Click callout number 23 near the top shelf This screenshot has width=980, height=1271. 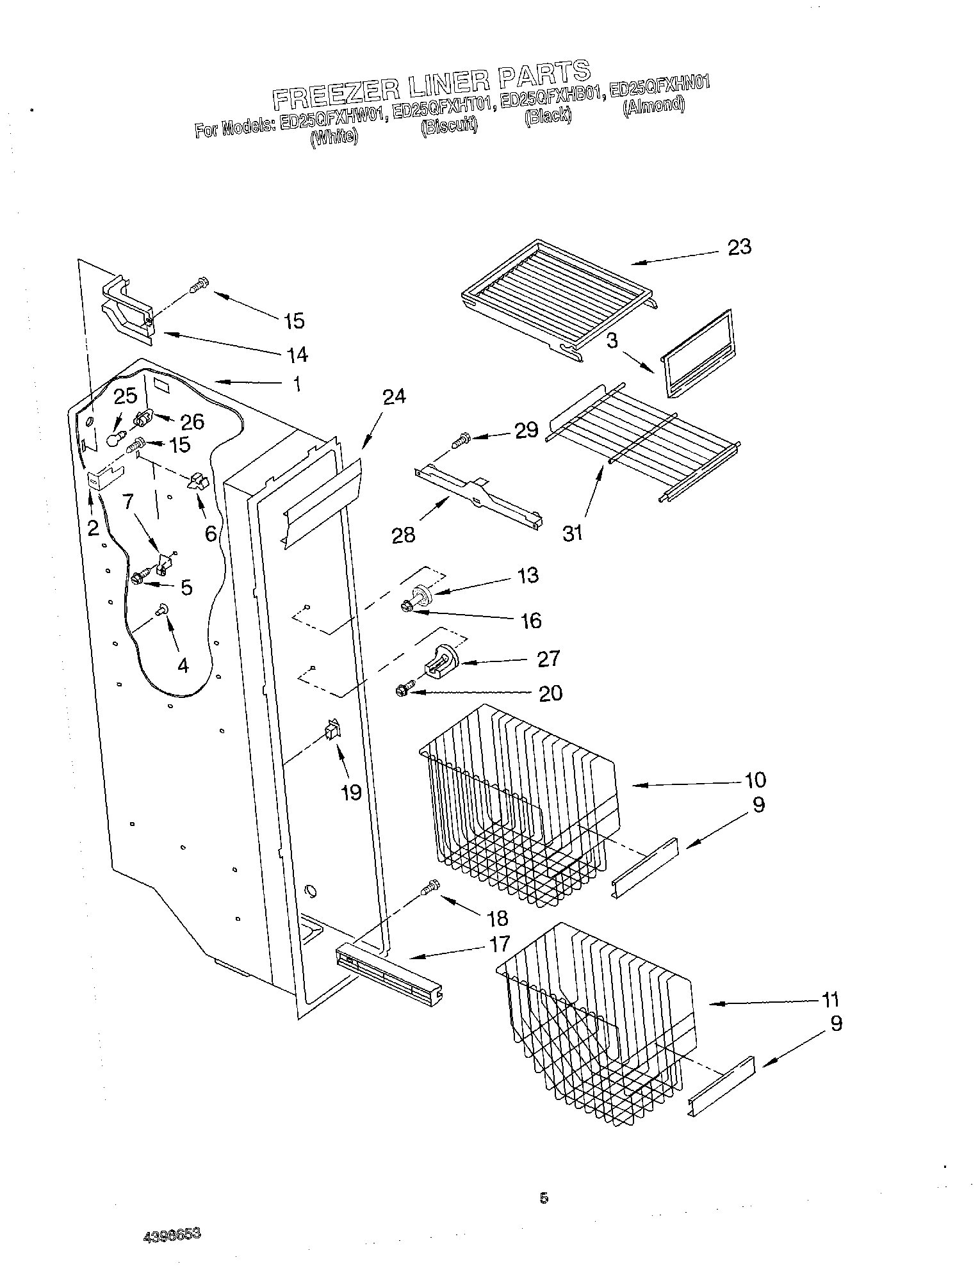(739, 247)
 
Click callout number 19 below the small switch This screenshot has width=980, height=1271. (352, 793)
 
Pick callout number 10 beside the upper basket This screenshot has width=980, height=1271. (755, 780)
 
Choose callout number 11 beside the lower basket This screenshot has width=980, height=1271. (829, 1000)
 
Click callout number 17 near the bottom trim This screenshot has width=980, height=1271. (500, 943)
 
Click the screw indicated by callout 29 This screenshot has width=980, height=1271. (461, 441)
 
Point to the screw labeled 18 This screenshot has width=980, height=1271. (430, 887)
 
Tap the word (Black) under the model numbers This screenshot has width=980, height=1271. (547, 117)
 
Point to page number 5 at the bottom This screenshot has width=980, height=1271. (544, 1197)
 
